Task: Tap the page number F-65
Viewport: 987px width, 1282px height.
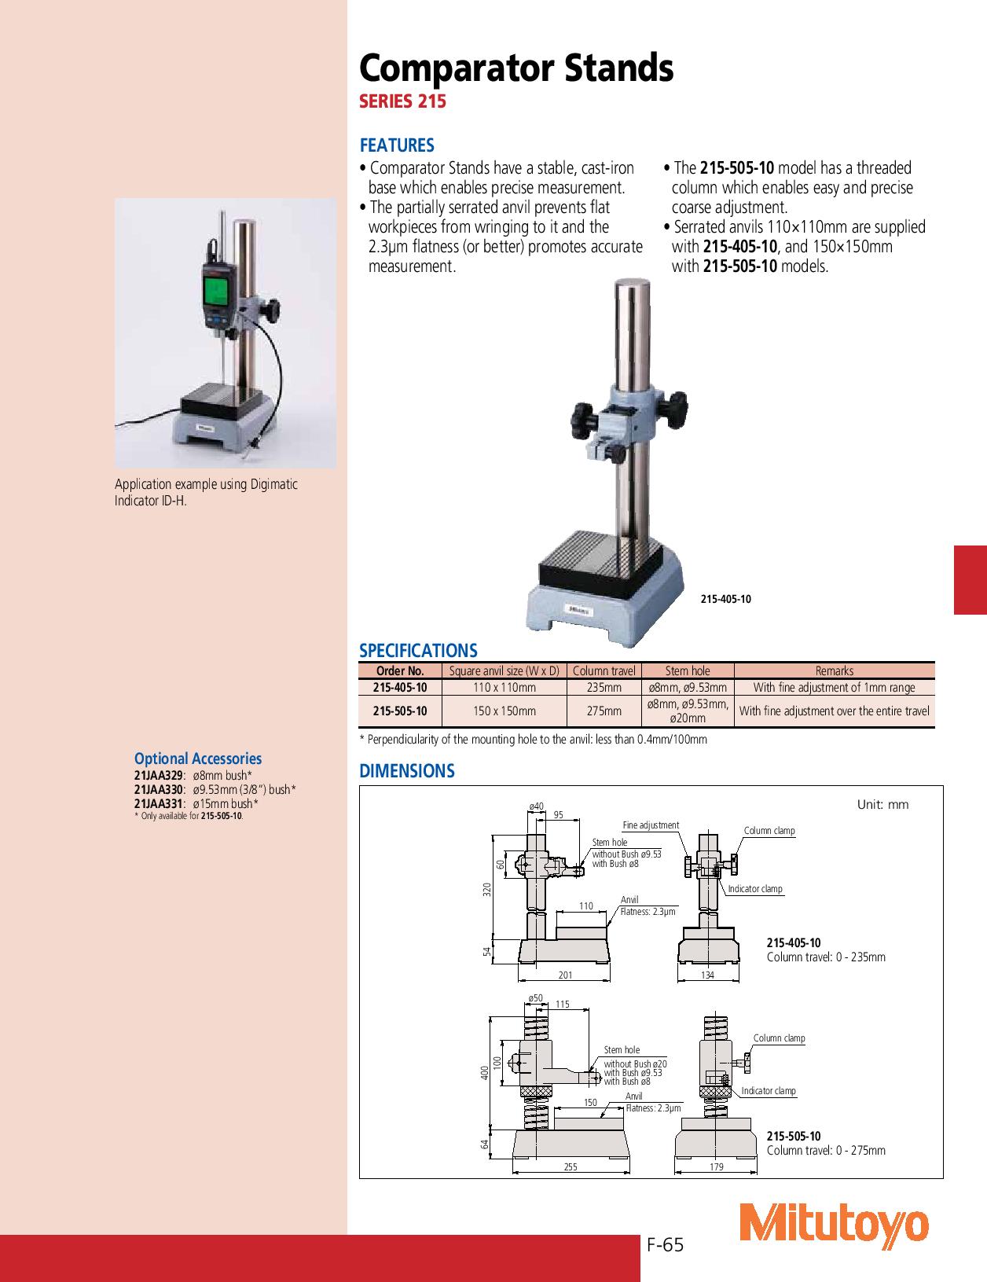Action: pyautogui.click(x=666, y=1245)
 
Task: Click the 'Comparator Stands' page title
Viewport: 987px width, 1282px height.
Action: pyautogui.click(x=516, y=69)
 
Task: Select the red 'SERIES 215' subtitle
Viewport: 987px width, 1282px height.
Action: pyautogui.click(x=402, y=101)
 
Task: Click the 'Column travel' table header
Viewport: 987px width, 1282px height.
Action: pyautogui.click(x=604, y=670)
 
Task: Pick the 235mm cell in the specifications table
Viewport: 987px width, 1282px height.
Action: pyautogui.click(x=604, y=688)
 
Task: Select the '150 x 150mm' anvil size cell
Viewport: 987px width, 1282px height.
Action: pyautogui.click(x=504, y=711)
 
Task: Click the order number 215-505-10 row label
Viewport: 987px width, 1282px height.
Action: pyautogui.click(x=400, y=711)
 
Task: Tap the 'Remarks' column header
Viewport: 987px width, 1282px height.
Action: pyautogui.click(x=834, y=670)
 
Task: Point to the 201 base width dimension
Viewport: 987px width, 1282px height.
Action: pyautogui.click(x=565, y=975)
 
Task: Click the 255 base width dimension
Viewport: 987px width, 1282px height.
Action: pyautogui.click(x=570, y=1167)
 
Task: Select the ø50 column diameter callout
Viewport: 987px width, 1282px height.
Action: pyautogui.click(x=535, y=997)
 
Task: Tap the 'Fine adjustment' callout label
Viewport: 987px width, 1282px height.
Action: pyautogui.click(x=651, y=825)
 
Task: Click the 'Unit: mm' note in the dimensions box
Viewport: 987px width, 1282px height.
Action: pyautogui.click(x=882, y=805)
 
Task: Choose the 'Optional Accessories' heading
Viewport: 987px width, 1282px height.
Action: pyautogui.click(x=198, y=759)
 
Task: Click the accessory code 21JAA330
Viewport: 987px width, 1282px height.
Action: pyautogui.click(x=159, y=789)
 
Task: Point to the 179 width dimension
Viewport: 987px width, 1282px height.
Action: pyautogui.click(x=716, y=1167)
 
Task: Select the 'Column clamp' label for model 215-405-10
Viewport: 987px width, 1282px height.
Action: pyautogui.click(x=769, y=831)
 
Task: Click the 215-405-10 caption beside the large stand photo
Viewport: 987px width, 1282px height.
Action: pyautogui.click(x=725, y=599)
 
